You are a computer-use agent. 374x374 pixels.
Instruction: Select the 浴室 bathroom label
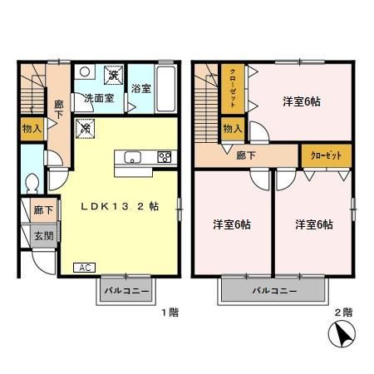pyautogui.click(x=140, y=89)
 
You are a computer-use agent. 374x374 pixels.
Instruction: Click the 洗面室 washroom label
pyautogui.click(x=98, y=98)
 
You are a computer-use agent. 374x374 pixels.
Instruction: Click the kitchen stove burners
pyautogui.click(x=165, y=157)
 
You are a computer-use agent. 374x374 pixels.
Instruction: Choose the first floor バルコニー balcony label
pyautogui.click(x=127, y=292)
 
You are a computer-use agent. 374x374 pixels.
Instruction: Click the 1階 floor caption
pyautogui.click(x=169, y=312)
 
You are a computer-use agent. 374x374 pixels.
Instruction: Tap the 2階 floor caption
pyautogui.click(x=342, y=312)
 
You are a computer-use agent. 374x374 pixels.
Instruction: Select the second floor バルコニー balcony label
pyautogui.click(x=272, y=292)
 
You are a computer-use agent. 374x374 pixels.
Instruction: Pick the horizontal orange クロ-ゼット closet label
pyautogui.click(x=325, y=155)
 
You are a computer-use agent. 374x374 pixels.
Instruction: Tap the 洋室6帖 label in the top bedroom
pyautogui.click(x=302, y=101)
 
